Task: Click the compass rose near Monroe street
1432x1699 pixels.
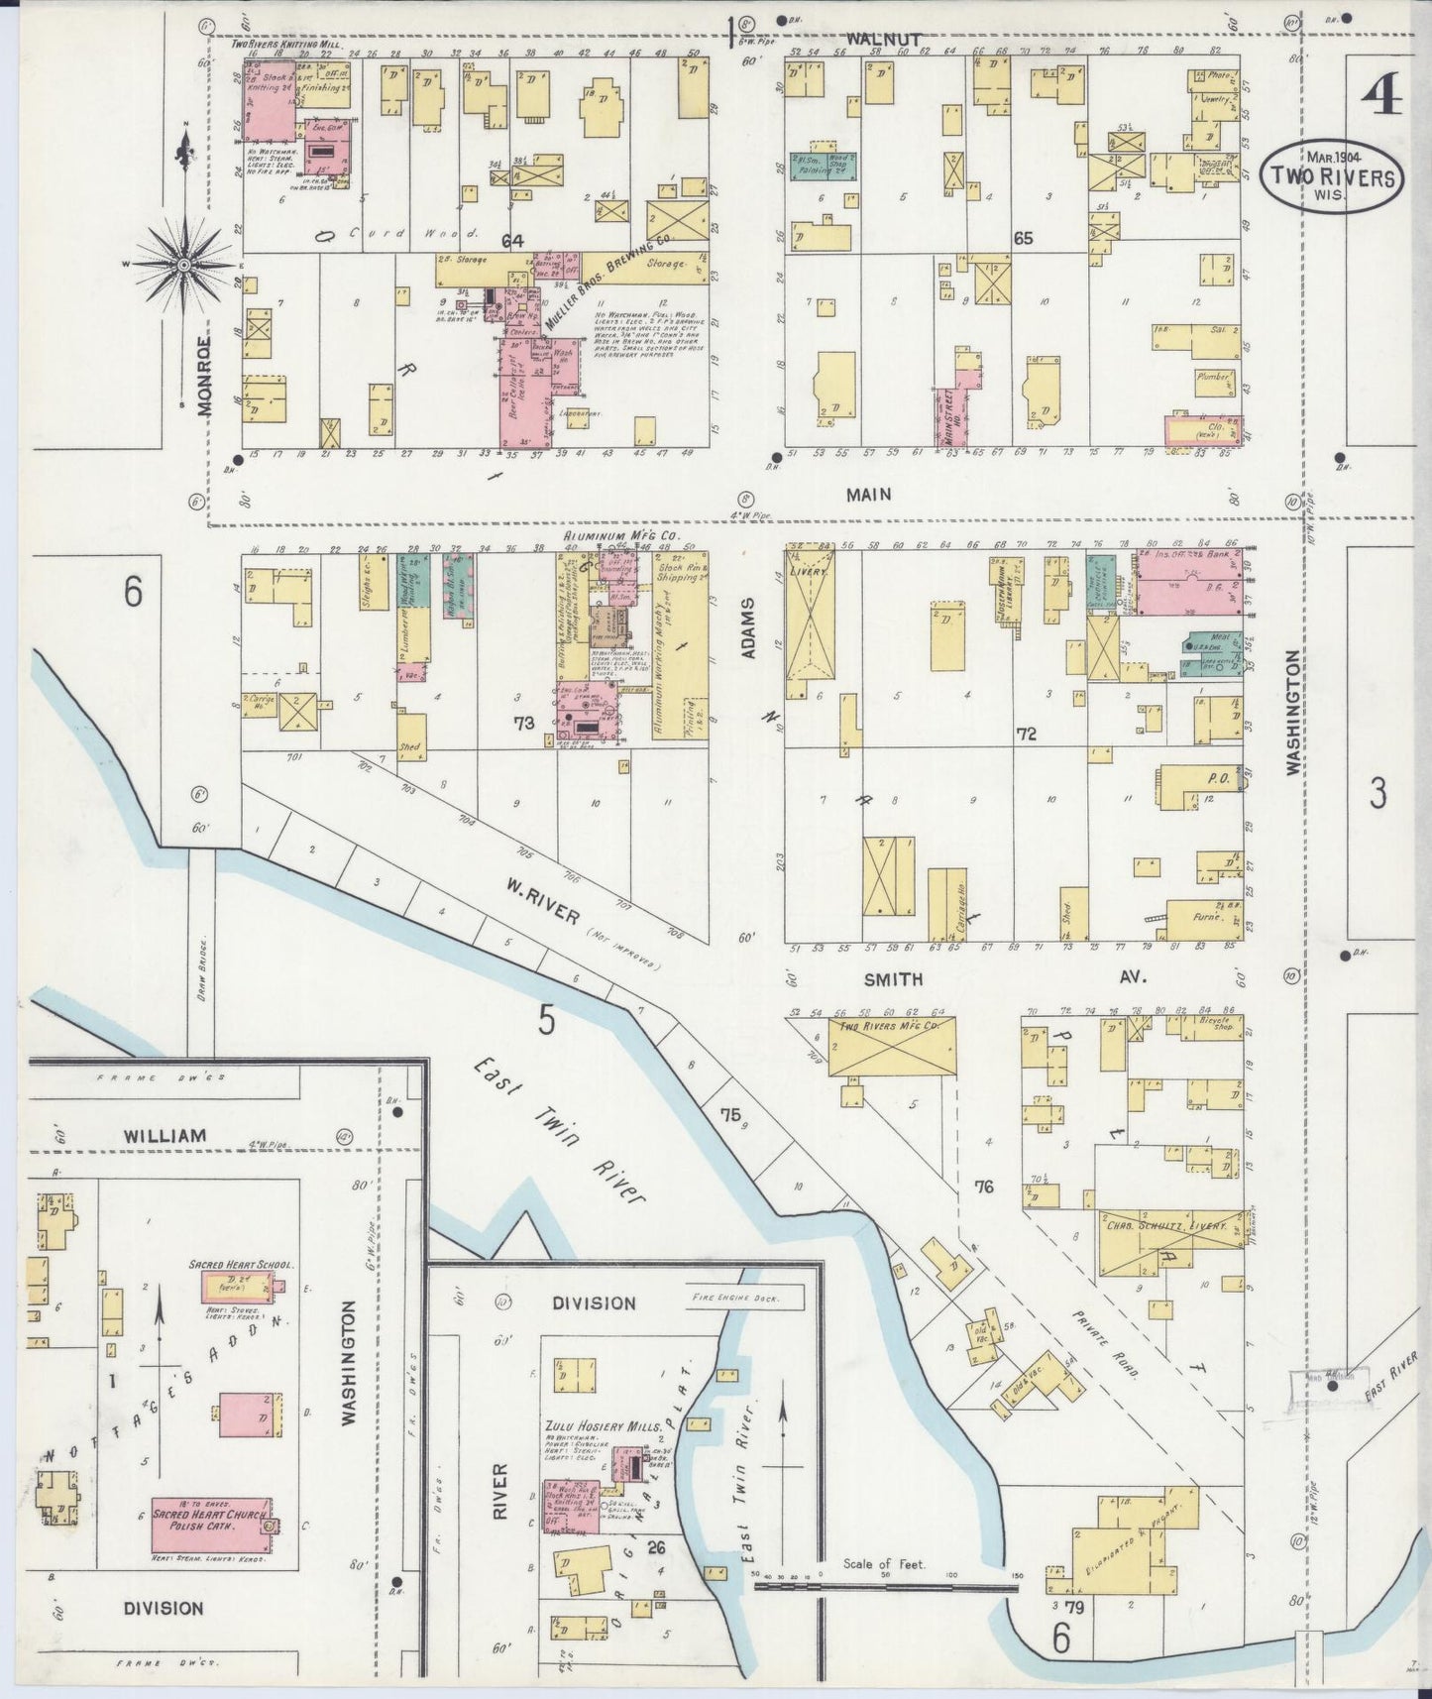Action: pos(184,266)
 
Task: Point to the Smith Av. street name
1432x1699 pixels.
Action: pos(893,978)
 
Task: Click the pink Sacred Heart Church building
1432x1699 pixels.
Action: pos(209,1525)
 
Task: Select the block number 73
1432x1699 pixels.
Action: pos(524,723)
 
